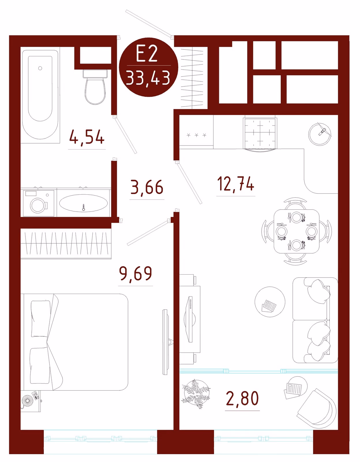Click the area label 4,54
[87, 137]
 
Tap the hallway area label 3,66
[147, 187]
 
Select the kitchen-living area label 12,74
[236, 184]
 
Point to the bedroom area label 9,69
[136, 273]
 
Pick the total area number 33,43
[148, 78]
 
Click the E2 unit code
[147, 54]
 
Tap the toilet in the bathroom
[95, 87]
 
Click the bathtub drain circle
[40, 68]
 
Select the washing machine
[39, 203]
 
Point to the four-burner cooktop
[260, 133]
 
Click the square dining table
[297, 231]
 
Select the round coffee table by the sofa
[270, 302]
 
